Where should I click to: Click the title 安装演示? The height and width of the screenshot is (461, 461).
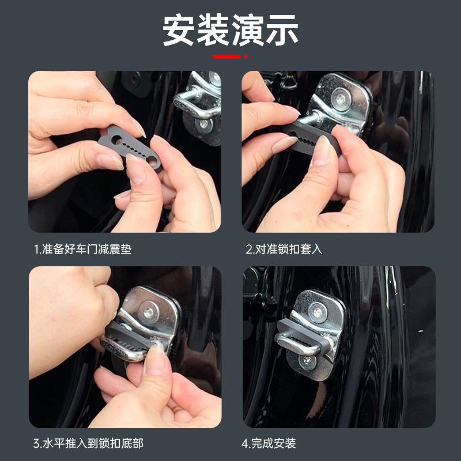[231, 30]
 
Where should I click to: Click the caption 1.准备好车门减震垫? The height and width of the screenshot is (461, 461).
[86, 250]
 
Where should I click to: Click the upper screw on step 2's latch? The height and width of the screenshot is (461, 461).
[341, 99]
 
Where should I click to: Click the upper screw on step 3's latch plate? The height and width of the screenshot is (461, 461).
[149, 313]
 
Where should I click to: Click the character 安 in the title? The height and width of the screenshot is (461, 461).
[179, 30]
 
